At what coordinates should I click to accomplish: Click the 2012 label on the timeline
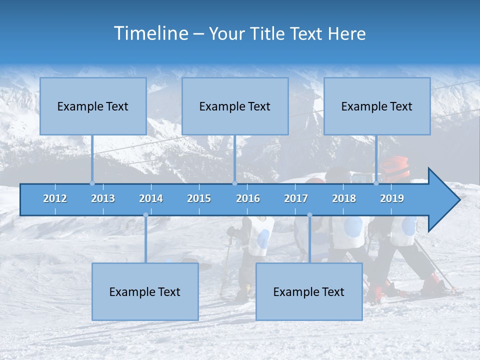(55, 198)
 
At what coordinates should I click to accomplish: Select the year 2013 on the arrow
(103, 198)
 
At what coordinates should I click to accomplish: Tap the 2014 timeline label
(151, 198)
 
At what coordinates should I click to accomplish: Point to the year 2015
(199, 198)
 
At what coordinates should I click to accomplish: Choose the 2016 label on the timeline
(248, 198)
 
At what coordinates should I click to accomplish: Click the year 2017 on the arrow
(296, 198)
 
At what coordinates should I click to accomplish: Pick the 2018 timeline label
(344, 198)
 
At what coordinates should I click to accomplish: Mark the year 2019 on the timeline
(392, 198)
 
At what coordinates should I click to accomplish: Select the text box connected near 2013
(93, 106)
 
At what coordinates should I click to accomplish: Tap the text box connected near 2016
(235, 106)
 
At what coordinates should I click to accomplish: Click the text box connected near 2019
(377, 106)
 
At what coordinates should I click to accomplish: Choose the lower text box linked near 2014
(145, 291)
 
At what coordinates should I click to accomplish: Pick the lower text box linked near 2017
(309, 291)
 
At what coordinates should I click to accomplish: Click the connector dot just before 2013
(92, 183)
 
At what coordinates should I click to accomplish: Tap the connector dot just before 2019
(376, 183)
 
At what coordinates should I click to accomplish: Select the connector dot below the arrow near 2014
(145, 215)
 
